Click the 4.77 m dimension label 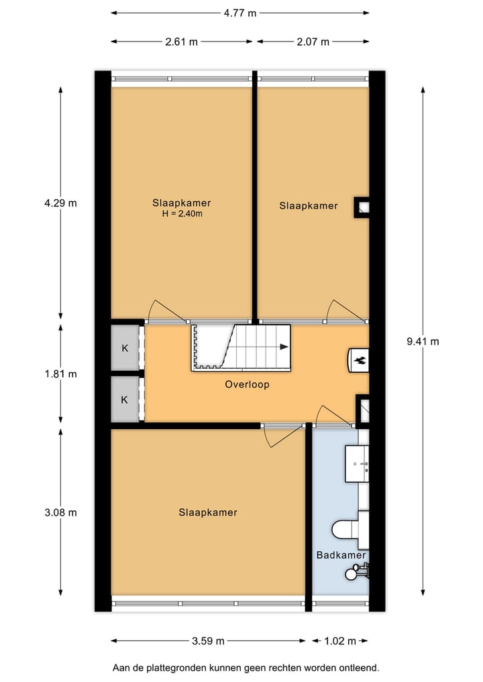tap(239, 13)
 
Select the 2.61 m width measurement tap(181, 42)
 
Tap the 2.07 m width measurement tap(313, 42)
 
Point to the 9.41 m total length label tap(423, 341)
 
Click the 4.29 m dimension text tap(60, 203)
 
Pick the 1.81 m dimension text tap(60, 374)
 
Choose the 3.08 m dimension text tap(60, 513)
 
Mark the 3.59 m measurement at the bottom tap(208, 640)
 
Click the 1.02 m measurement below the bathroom tap(340, 640)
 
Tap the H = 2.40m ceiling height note tap(182, 214)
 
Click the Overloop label tap(247, 384)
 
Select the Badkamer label tap(341, 555)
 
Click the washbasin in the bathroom tap(357, 463)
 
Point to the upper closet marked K tap(125, 348)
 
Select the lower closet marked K tap(125, 399)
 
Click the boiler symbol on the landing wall tap(359, 360)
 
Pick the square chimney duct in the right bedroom tap(361, 207)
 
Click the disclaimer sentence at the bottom tap(246, 668)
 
